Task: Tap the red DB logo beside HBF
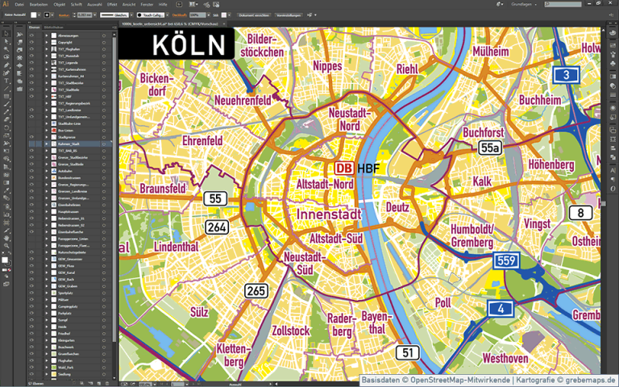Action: (x=343, y=169)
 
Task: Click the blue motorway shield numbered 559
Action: (x=505, y=260)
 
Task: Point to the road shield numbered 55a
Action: (x=489, y=148)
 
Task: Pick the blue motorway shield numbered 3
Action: (x=566, y=76)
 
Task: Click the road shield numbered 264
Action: (x=216, y=227)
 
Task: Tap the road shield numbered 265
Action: (x=256, y=290)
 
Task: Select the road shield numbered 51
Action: (x=407, y=352)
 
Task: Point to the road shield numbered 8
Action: (x=580, y=213)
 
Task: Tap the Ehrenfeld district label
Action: (x=202, y=140)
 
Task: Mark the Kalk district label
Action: (x=483, y=181)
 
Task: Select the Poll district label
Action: (x=465, y=302)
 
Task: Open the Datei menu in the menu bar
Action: (x=19, y=4)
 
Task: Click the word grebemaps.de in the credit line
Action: (x=589, y=380)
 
